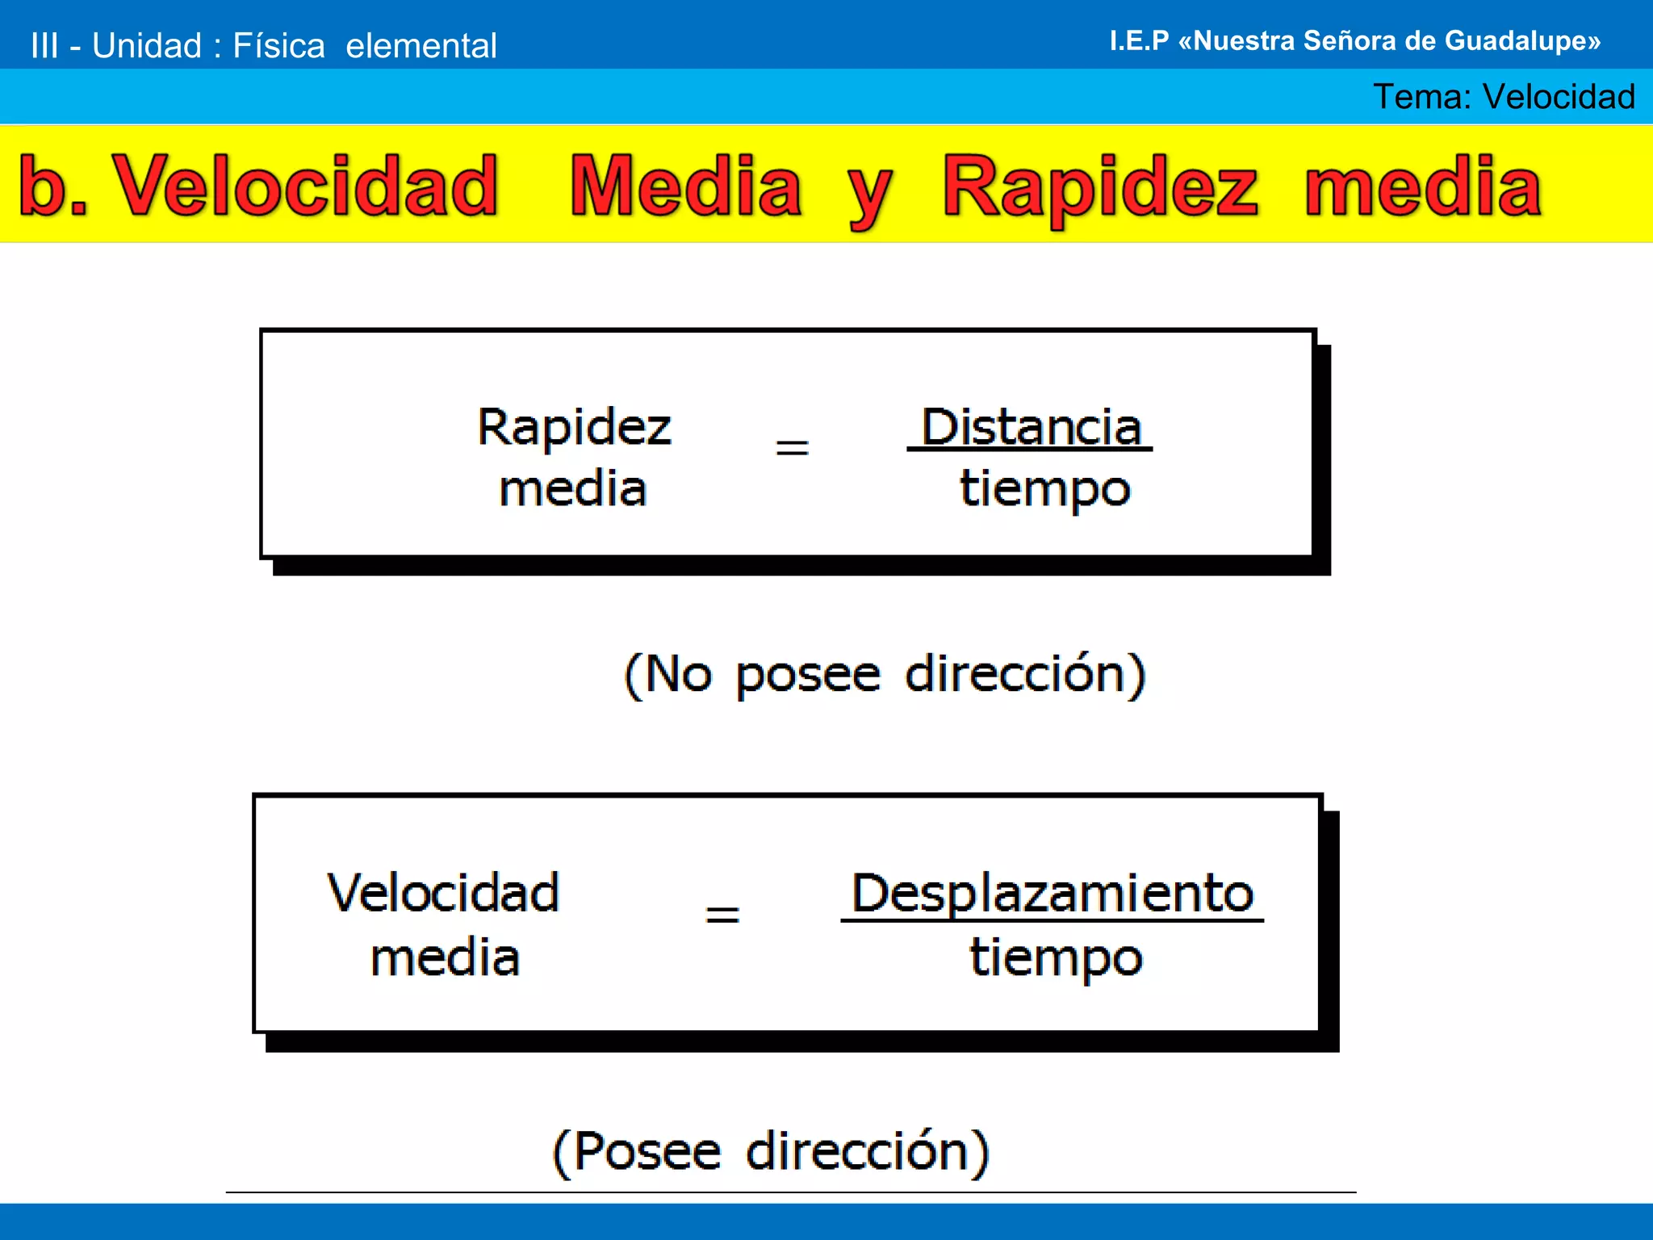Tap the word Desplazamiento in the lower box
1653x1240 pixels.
click(1052, 894)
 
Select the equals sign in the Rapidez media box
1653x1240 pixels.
click(792, 447)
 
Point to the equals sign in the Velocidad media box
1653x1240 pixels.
click(722, 915)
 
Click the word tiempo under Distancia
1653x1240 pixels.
click(1044, 489)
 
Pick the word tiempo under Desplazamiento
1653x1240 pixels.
click(1056, 957)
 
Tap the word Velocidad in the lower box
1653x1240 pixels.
click(443, 894)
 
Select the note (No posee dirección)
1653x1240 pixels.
click(885, 674)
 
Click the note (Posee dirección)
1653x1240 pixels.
click(771, 1151)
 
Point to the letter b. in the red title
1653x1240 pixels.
click(52, 187)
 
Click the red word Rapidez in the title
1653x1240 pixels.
click(1099, 187)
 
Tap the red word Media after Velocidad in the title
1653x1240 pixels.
click(685, 187)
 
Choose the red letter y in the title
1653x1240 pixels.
click(868, 194)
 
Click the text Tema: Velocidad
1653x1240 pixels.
click(1504, 97)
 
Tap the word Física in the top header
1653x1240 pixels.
click(278, 46)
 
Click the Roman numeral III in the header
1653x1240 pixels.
click(44, 46)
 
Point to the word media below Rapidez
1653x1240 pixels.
click(573, 489)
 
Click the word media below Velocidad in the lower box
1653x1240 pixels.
click(445, 958)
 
